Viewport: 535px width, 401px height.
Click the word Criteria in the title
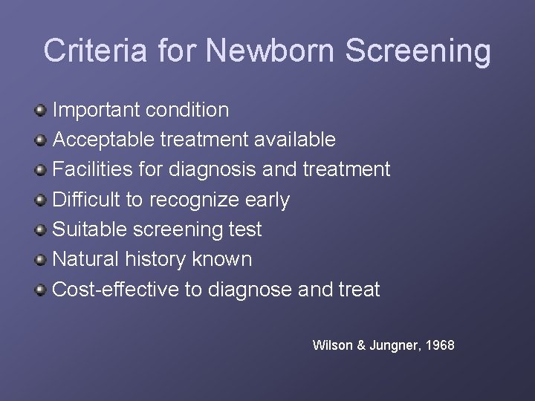coord(94,50)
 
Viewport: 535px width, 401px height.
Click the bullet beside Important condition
coord(42,110)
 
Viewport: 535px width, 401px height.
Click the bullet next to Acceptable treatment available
coord(42,140)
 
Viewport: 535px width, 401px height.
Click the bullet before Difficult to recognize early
coord(42,200)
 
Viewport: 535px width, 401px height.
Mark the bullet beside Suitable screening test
coord(42,229)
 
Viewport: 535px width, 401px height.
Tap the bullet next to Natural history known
coord(42,259)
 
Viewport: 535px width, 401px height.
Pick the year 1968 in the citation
coord(439,345)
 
